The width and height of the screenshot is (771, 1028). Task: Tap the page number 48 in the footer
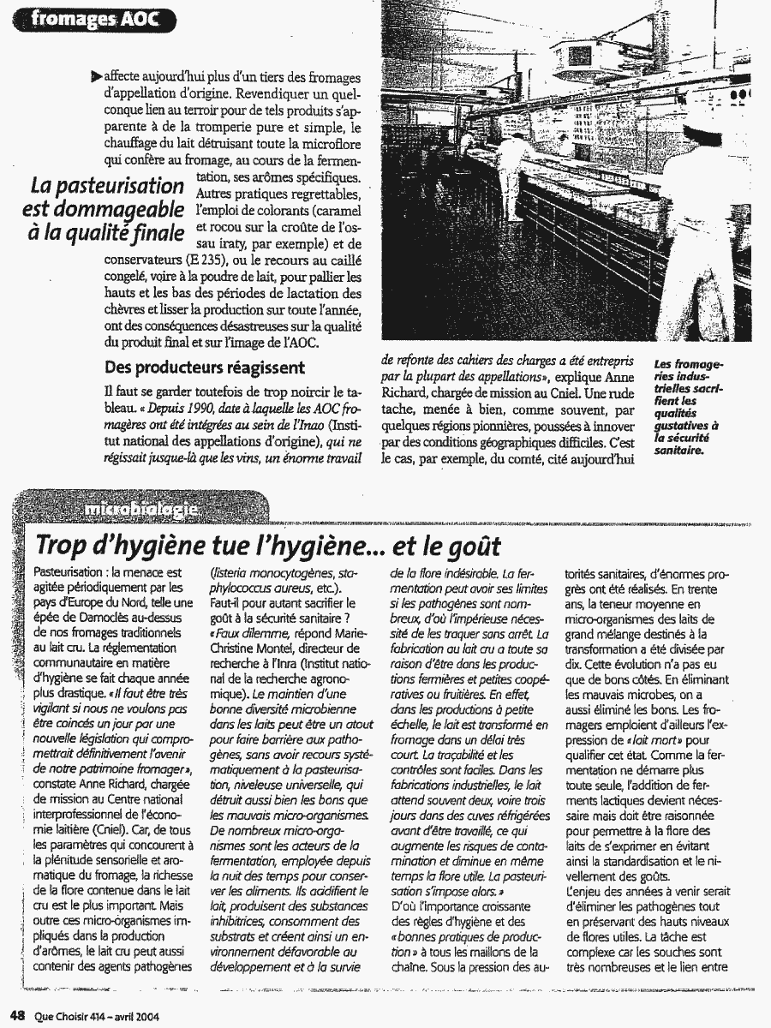tap(15, 1017)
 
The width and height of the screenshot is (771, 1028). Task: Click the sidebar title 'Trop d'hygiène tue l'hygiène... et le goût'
tap(268, 545)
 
